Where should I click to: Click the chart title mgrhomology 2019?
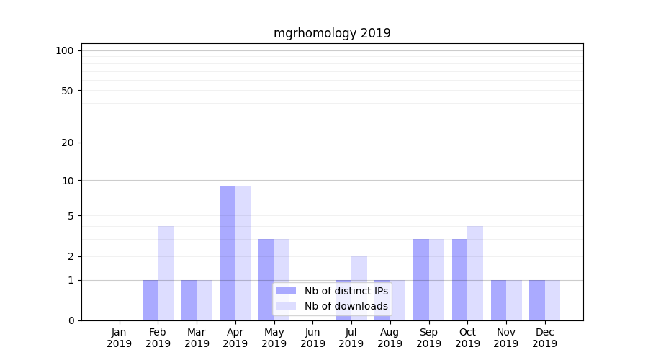pyautogui.click(x=332, y=33)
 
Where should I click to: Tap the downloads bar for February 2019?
pyautogui.click(x=166, y=273)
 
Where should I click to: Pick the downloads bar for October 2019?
pyautogui.click(x=475, y=273)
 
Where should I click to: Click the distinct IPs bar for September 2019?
pyautogui.click(x=421, y=279)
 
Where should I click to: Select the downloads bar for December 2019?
pyautogui.click(x=552, y=300)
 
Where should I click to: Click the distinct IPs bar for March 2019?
pyautogui.click(x=189, y=300)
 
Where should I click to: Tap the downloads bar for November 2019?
pyautogui.click(x=514, y=300)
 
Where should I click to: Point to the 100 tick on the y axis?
pyautogui.click(x=65, y=50)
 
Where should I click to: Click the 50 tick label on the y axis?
pyautogui.click(x=68, y=91)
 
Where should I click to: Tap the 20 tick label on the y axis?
pyautogui.click(x=68, y=143)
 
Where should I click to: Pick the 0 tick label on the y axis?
pyautogui.click(x=71, y=320)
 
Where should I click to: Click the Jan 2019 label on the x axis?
pyautogui.click(x=120, y=338)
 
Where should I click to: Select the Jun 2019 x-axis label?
pyautogui.click(x=312, y=338)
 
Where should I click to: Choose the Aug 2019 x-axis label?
pyautogui.click(x=390, y=338)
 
